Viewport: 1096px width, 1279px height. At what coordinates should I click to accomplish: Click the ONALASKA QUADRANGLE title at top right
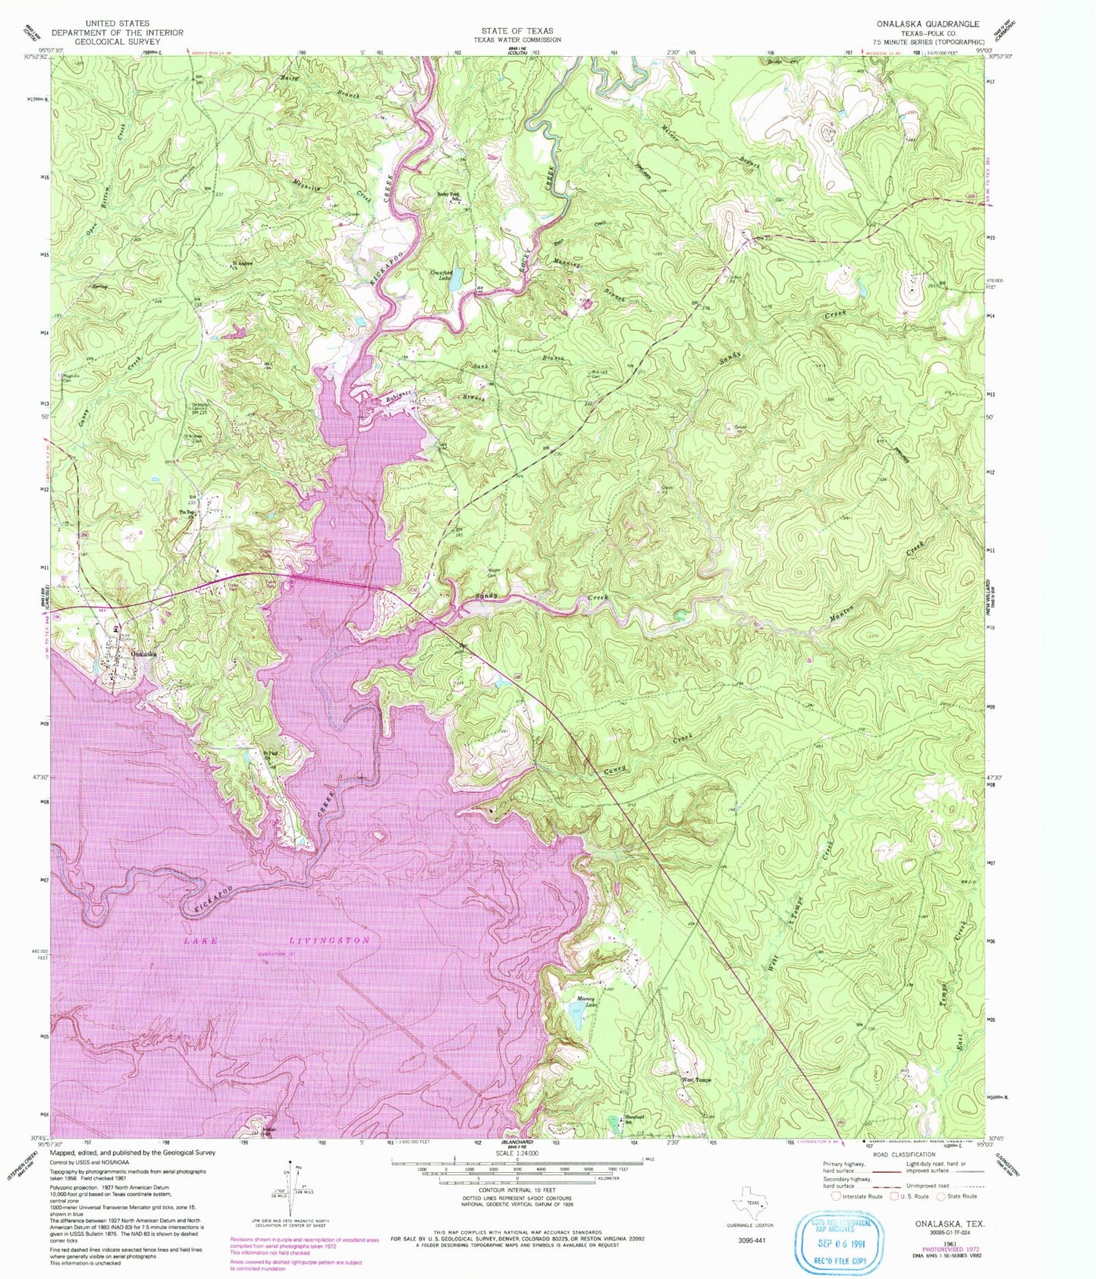(x=940, y=24)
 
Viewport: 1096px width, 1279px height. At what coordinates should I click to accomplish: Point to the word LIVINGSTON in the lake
(x=330, y=941)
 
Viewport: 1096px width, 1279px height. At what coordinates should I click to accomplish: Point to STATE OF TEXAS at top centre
(x=517, y=31)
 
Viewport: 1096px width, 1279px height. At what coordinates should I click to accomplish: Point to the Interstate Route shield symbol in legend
(x=835, y=1196)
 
